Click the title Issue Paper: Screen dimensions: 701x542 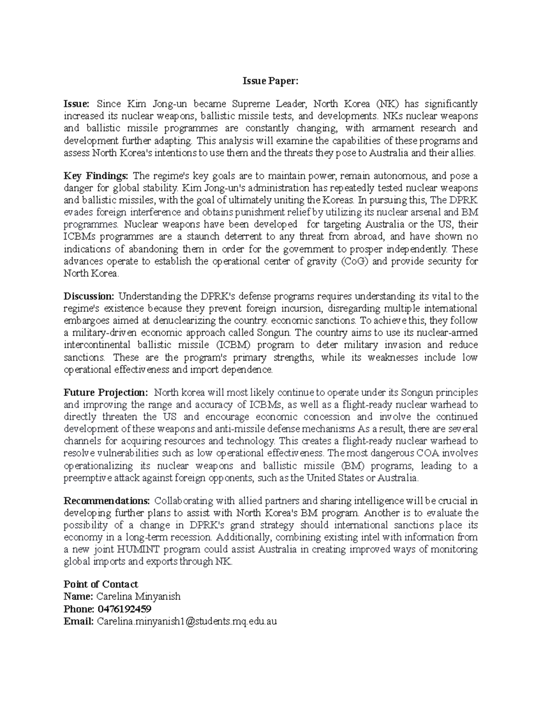pyautogui.click(x=271, y=81)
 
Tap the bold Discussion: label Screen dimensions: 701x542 pyautogui.click(x=89, y=296)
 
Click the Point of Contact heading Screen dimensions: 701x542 pyautogui.click(x=101, y=584)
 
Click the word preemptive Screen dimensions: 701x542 pyautogui.click(x=86, y=478)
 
